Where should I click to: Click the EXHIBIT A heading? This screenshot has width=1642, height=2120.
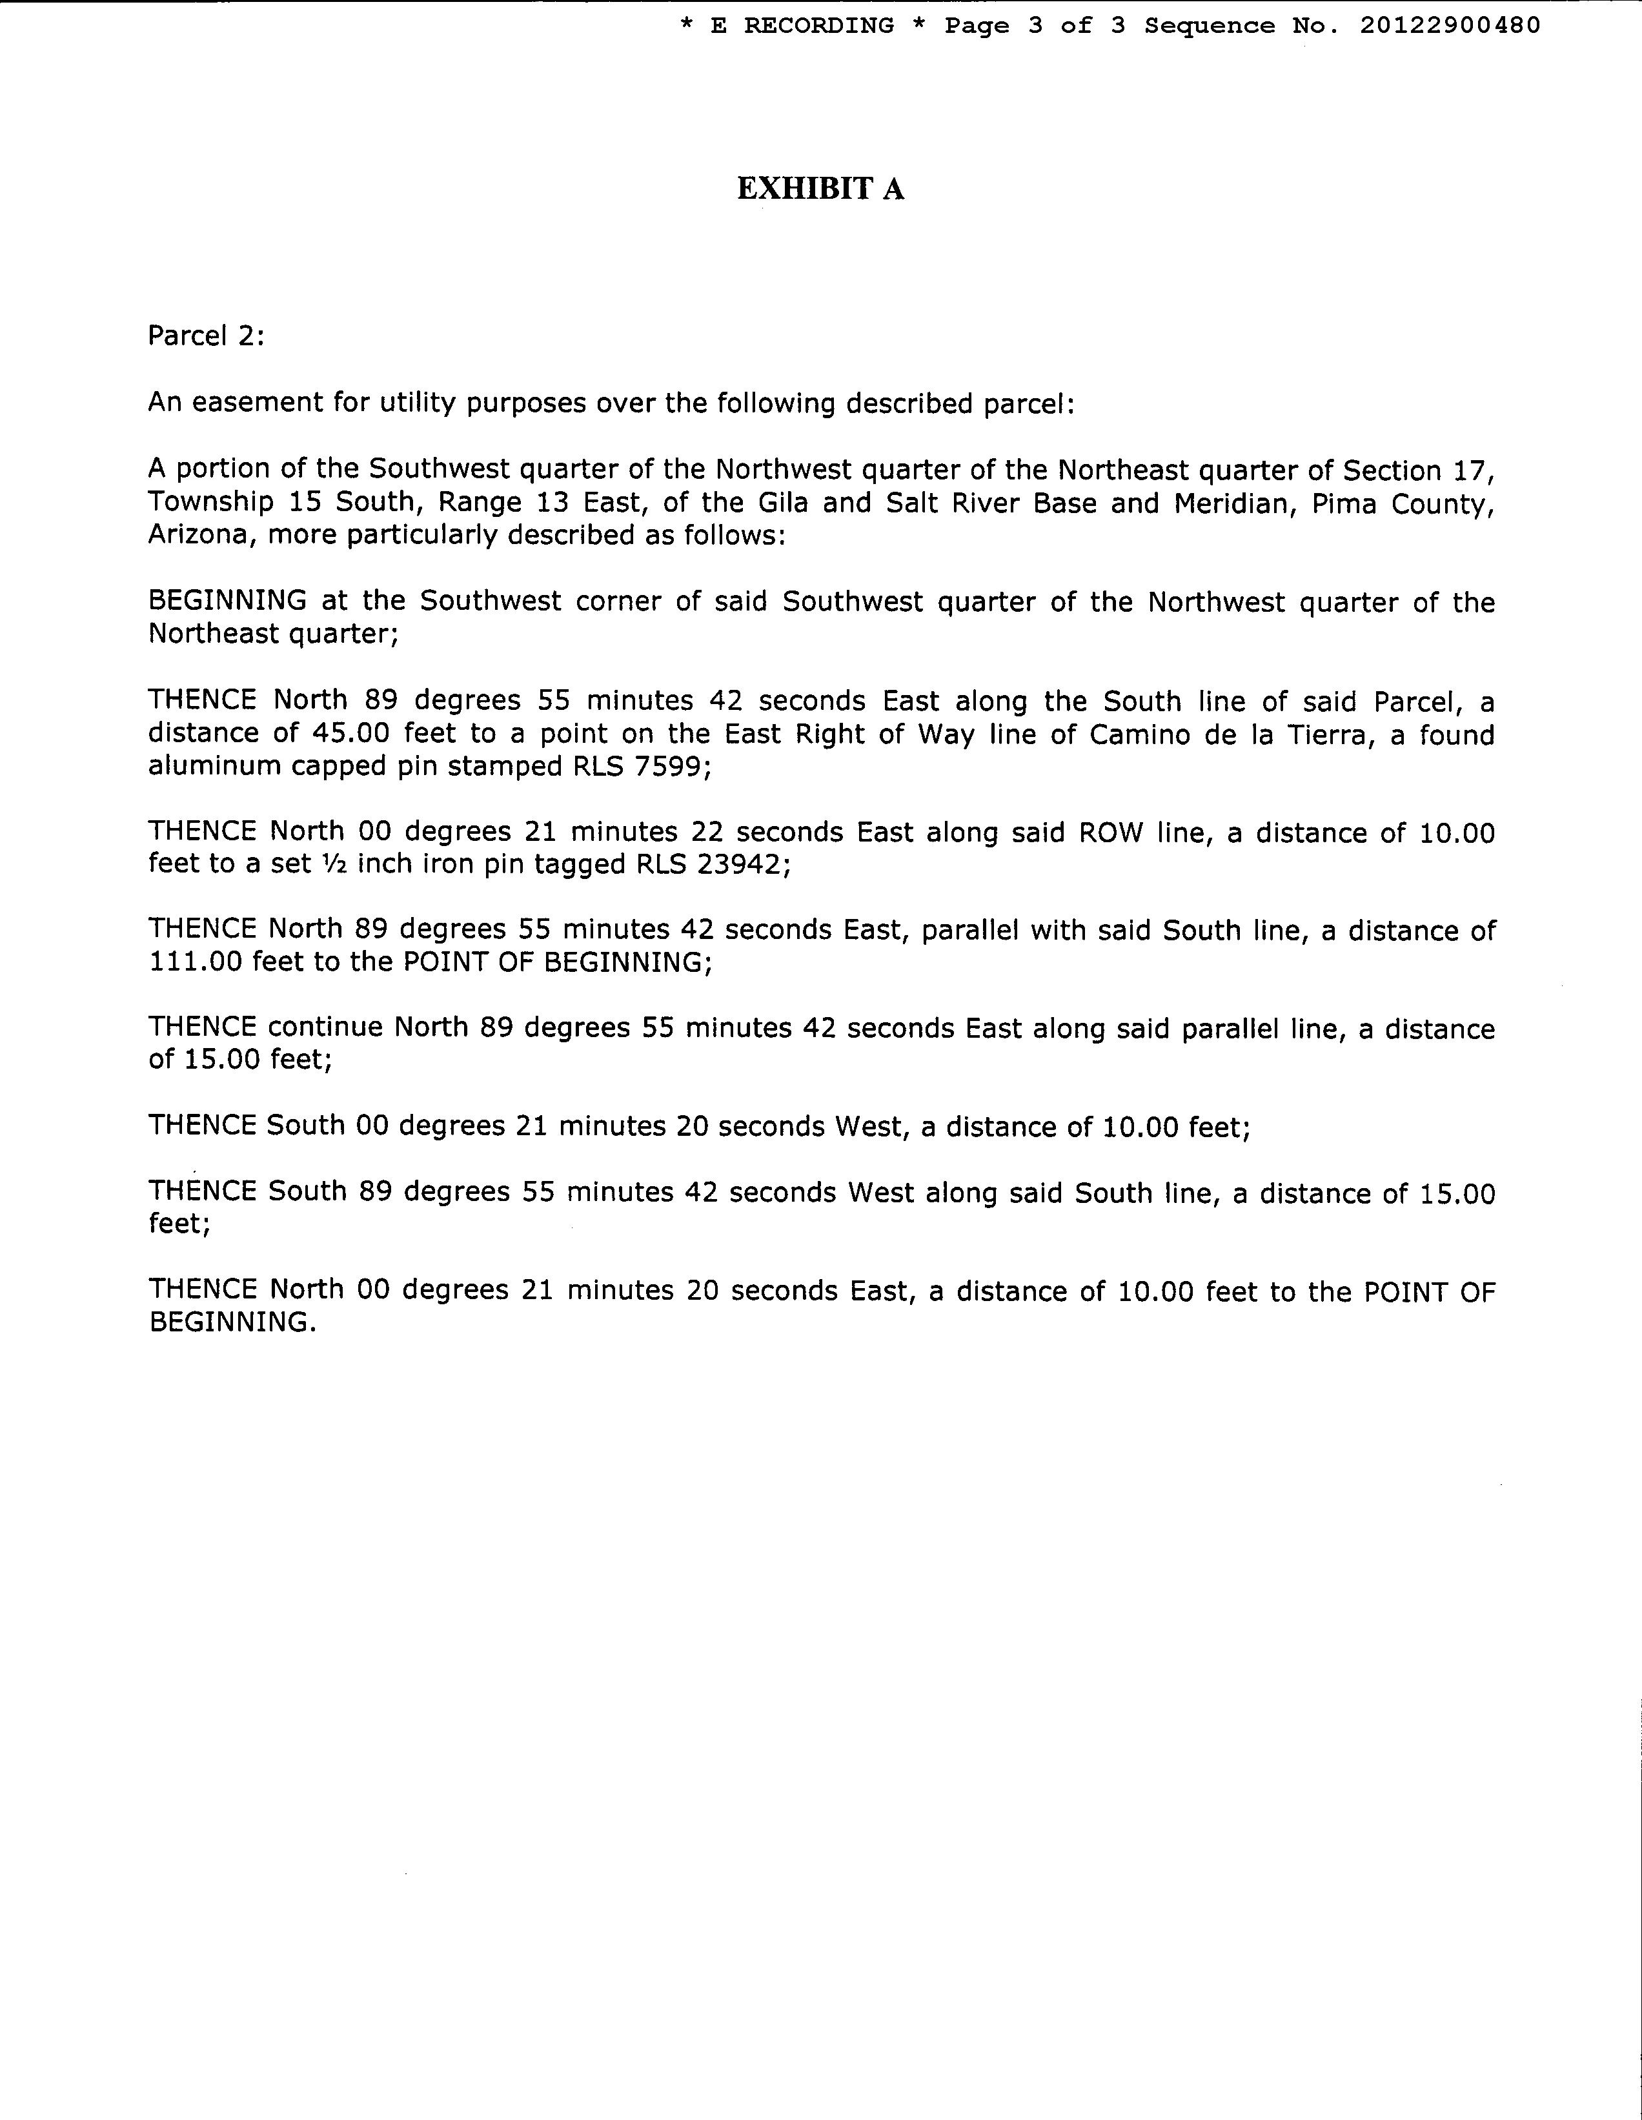coord(820,188)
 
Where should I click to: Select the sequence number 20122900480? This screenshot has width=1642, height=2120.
coord(1450,26)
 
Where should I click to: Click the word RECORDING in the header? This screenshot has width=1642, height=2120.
coord(818,26)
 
